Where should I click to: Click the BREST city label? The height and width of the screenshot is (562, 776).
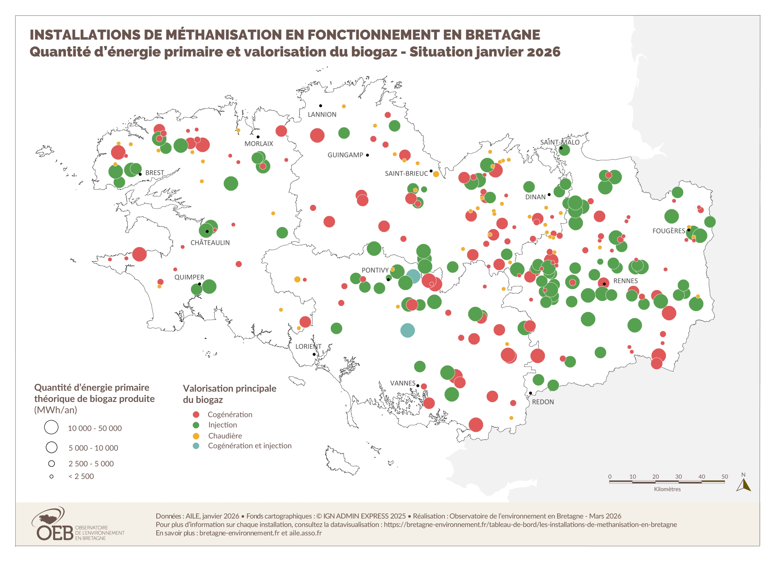[x=155, y=173]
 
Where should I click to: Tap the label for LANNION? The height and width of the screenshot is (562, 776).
[x=322, y=115]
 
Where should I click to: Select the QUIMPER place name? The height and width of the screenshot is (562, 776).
[x=189, y=277]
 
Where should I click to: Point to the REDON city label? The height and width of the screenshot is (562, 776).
[x=543, y=402]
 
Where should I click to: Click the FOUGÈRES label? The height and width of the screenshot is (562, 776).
[x=669, y=231]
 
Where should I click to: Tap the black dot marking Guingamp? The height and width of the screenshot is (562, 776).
[x=367, y=155]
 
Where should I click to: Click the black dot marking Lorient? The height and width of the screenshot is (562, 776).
[x=314, y=354]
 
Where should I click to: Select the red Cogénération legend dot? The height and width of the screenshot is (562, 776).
[x=196, y=415]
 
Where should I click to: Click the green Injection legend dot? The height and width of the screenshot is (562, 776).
[x=196, y=425]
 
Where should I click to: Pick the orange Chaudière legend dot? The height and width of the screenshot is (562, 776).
[x=196, y=436]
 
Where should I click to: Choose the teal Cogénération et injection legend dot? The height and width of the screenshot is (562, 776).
[x=196, y=446]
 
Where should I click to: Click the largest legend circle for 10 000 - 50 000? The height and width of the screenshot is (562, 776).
[x=51, y=427]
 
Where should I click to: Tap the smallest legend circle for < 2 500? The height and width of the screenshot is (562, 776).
[x=51, y=477]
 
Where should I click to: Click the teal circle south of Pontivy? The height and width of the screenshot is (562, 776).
[x=407, y=331]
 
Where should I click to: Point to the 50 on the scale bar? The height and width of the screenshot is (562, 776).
[x=725, y=477]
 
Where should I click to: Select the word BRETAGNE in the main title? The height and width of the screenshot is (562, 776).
[x=502, y=35]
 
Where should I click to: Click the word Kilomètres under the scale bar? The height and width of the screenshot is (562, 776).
[x=667, y=489]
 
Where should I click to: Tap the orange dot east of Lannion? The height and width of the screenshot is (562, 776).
[x=344, y=106]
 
